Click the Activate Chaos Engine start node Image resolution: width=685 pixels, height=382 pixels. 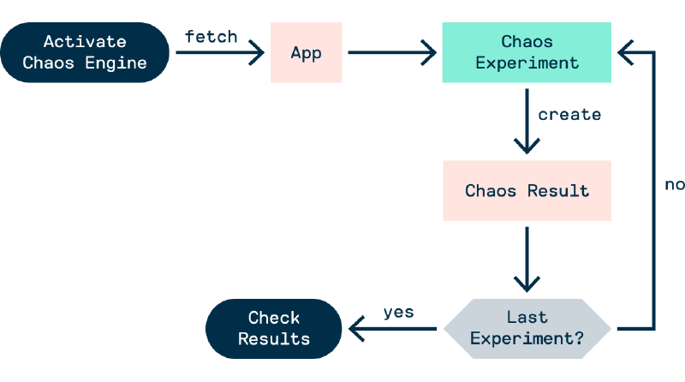pyautogui.click(x=85, y=52)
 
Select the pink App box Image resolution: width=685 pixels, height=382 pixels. pyautogui.click(x=306, y=52)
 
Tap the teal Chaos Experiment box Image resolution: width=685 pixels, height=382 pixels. pyautogui.click(x=527, y=52)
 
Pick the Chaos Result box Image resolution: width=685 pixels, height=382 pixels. pyautogui.click(x=527, y=190)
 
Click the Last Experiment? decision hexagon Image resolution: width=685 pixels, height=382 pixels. pyautogui.click(x=527, y=328)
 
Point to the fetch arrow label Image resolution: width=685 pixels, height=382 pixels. pyautogui.click(x=211, y=38)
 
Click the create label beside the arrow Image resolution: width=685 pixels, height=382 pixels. pyautogui.click(x=569, y=114)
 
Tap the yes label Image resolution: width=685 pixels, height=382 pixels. pyautogui.click(x=398, y=312)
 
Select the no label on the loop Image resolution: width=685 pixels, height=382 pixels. pyautogui.click(x=674, y=183)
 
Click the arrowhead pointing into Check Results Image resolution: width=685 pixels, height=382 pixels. pyautogui.click(x=354, y=328)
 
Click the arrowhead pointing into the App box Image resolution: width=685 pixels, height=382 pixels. pyautogui.click(x=256, y=53)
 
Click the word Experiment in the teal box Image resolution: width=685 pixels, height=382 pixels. pyautogui.click(x=527, y=63)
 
